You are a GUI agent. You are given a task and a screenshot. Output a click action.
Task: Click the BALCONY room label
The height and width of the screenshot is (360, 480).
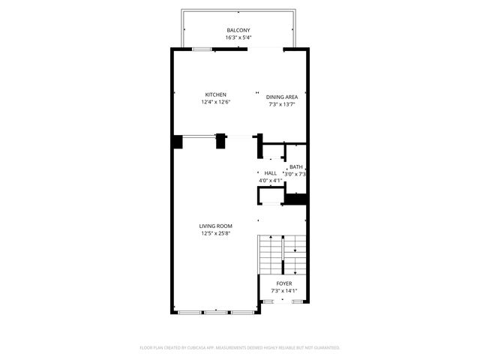click(x=238, y=30)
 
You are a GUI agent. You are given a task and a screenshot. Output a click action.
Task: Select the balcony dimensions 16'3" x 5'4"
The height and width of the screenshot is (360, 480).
click(x=238, y=37)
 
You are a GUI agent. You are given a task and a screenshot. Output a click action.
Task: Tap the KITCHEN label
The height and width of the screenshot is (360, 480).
click(x=215, y=94)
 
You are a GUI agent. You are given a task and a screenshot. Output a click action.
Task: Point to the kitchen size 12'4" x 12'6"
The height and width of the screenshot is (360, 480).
click(x=215, y=102)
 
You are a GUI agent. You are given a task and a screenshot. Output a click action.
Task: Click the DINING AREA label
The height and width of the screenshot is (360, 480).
click(x=282, y=97)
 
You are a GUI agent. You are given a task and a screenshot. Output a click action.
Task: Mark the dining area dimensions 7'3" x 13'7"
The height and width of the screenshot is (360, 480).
click(x=282, y=104)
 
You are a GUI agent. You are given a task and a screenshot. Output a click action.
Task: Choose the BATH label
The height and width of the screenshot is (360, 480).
click(x=295, y=166)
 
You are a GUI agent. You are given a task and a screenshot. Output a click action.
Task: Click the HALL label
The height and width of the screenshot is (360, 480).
click(x=270, y=173)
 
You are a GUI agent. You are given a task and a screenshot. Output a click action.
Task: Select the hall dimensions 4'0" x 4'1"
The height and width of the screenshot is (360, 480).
click(x=270, y=181)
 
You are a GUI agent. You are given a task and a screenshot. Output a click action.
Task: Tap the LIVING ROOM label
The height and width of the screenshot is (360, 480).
click(x=215, y=226)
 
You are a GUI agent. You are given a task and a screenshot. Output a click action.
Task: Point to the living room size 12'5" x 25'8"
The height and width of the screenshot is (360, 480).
click(x=215, y=233)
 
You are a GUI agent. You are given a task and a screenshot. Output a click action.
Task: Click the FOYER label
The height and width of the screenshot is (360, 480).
click(x=283, y=283)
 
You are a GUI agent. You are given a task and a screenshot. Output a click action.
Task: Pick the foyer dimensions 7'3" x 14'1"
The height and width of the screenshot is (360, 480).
click(x=283, y=291)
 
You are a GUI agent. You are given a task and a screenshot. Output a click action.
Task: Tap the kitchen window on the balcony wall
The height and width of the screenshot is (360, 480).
click(x=201, y=49)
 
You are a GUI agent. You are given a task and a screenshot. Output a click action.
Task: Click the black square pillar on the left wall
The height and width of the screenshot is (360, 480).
click(x=177, y=142)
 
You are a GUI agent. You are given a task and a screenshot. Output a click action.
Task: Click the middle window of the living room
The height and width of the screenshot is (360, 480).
click(x=215, y=311)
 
